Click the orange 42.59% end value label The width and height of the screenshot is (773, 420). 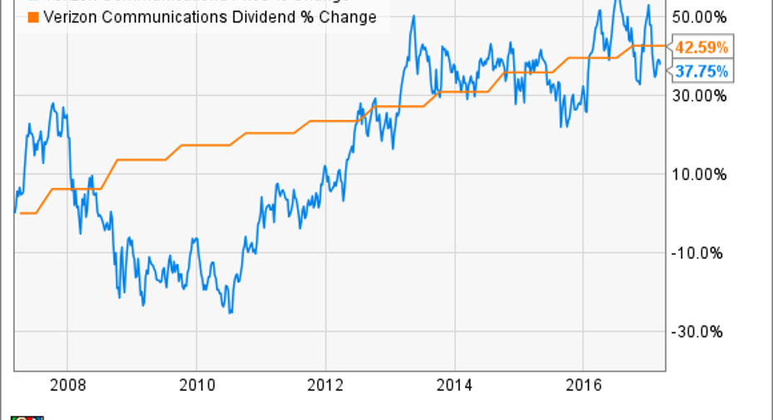coord(701,46)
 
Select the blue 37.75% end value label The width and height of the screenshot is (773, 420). coord(701,72)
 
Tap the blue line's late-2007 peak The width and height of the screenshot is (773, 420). coord(53,104)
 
